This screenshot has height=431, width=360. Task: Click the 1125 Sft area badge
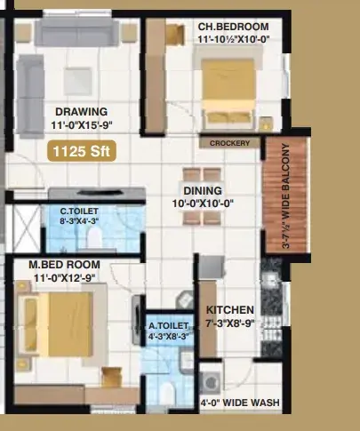click(x=82, y=151)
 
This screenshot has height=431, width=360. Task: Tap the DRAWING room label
click(x=82, y=112)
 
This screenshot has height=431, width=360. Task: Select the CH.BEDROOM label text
click(x=234, y=27)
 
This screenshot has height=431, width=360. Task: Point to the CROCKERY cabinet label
click(x=229, y=143)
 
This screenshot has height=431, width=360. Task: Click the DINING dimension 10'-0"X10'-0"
click(x=203, y=204)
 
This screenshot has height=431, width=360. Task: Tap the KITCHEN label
click(x=230, y=310)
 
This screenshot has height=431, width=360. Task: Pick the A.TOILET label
click(x=168, y=326)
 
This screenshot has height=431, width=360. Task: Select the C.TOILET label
click(x=79, y=212)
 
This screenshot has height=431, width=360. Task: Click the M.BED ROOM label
click(x=64, y=265)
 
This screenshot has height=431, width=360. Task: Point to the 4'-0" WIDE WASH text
click(x=240, y=403)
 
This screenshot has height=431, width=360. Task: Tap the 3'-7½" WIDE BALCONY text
click(x=286, y=196)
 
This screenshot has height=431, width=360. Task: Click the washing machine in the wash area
click(x=211, y=383)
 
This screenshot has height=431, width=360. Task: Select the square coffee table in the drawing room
click(x=77, y=81)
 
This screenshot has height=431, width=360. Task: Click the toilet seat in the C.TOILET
click(x=95, y=237)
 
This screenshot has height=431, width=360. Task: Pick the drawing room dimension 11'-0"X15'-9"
click(x=82, y=125)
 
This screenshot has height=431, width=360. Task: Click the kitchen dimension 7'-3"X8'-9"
click(x=230, y=323)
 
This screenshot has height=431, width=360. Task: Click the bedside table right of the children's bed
click(x=266, y=124)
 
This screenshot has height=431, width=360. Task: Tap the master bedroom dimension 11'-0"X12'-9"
click(x=65, y=278)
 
